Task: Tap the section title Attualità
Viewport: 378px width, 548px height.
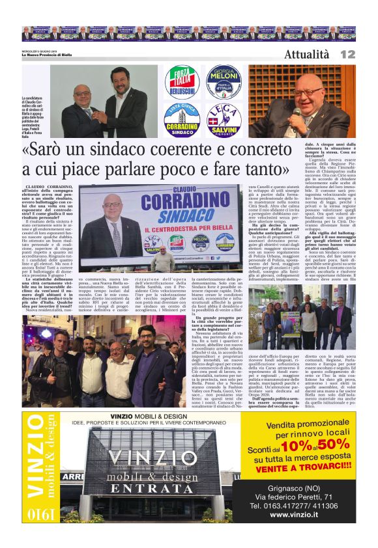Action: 307,55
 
